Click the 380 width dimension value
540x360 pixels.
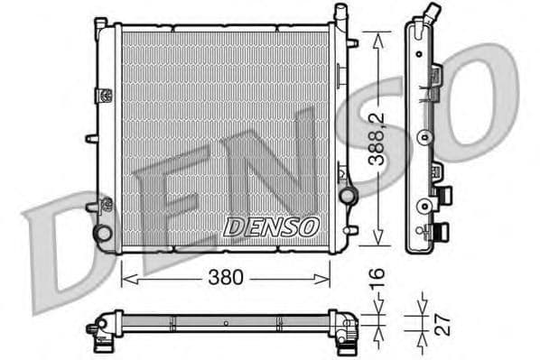click(226, 278)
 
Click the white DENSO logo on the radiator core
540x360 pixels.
click(270, 226)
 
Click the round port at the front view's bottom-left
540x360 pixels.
click(104, 233)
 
